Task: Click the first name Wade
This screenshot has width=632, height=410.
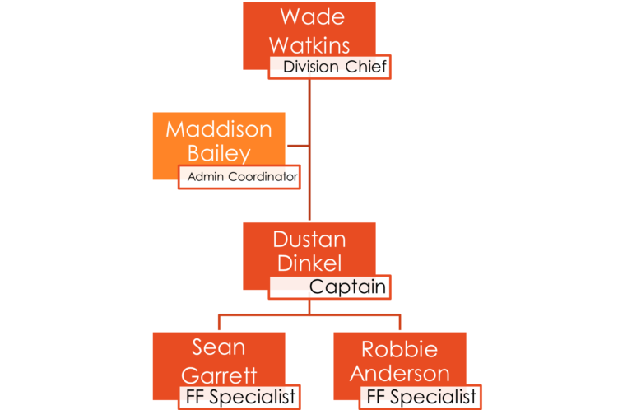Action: [x=311, y=16]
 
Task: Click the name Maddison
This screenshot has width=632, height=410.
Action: [x=218, y=129]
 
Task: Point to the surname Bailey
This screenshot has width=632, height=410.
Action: [x=218, y=153]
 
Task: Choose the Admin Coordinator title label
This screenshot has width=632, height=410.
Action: [x=242, y=177]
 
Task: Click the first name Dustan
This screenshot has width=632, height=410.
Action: [x=309, y=240]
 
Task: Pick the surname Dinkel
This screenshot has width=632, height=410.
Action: [x=309, y=263]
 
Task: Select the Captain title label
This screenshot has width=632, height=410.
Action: [x=347, y=287]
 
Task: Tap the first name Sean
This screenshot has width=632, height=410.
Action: [x=219, y=348]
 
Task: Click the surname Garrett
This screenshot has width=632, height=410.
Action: [x=219, y=374]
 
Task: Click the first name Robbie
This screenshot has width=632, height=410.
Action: [x=400, y=348]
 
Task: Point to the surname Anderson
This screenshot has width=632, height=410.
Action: [x=400, y=373]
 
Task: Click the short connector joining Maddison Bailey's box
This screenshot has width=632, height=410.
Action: [x=298, y=146]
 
